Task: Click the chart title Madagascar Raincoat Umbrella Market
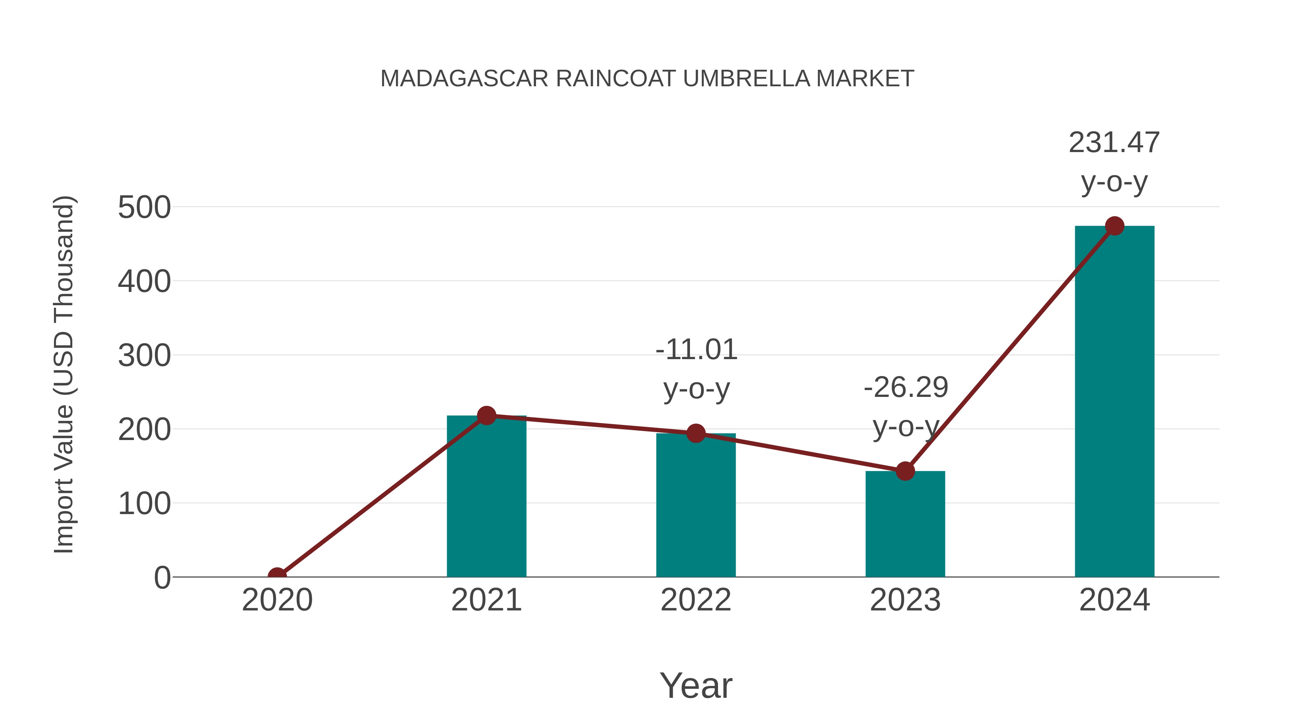pos(647,79)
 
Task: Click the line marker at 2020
pos(277,576)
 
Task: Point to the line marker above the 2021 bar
pos(486,416)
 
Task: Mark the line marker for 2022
pos(696,433)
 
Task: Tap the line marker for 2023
pos(905,471)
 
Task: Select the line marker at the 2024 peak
pos(1114,226)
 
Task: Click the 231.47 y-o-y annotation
pos(1114,162)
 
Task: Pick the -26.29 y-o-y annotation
pos(905,407)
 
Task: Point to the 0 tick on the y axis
pos(162,577)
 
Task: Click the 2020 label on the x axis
pos(277,600)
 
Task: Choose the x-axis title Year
pos(696,685)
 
